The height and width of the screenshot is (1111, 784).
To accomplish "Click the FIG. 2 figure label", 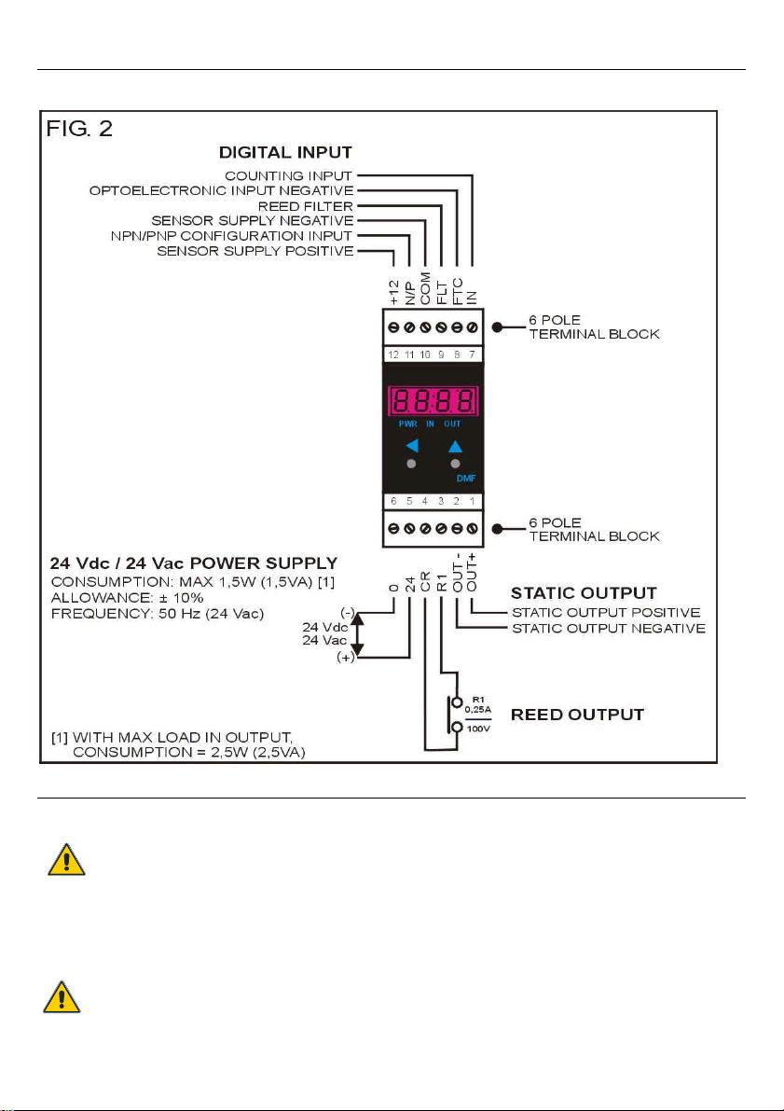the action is pos(79,130).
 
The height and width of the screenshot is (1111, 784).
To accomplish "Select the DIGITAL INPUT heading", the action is pos(285,152).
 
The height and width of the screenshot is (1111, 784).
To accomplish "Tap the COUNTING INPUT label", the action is pos(288,175).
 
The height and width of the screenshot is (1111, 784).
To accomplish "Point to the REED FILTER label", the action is pos(305,206).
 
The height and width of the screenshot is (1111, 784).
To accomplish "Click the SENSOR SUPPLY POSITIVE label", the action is pos(254,251).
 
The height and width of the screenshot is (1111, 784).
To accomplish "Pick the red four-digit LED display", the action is pos(433,402).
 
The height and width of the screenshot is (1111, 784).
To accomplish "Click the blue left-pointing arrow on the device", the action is pos(411,446).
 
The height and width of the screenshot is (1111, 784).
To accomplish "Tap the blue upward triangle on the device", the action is pos(455,446).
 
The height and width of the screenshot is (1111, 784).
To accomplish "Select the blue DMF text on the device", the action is pos(466,479).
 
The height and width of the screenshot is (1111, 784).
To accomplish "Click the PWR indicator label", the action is pos(407,424).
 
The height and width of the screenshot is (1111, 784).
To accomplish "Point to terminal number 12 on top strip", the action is pos(393,354).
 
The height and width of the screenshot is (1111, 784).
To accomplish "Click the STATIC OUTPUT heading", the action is pos(584,593).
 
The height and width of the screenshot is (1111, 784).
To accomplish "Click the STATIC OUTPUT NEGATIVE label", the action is pos(609,629).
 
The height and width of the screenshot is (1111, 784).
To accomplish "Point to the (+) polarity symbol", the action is pos(346,658).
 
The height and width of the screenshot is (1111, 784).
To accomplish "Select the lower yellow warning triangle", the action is pos(62,996).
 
